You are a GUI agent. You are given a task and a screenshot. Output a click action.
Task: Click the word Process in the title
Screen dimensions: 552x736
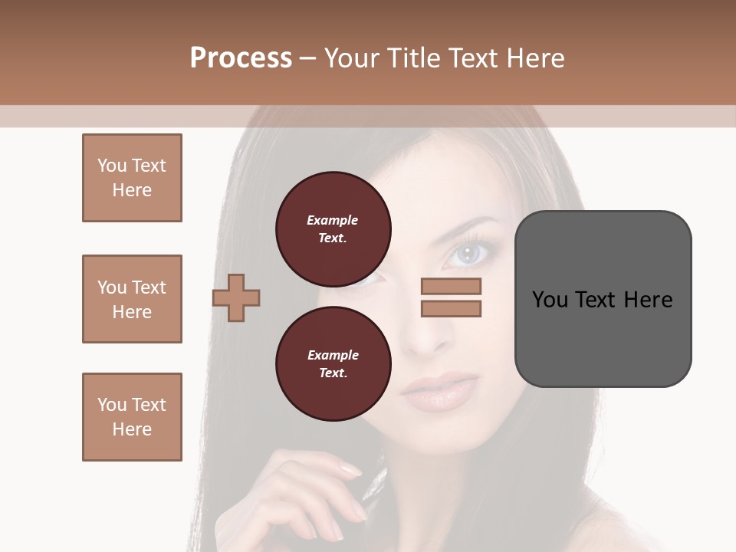(241, 58)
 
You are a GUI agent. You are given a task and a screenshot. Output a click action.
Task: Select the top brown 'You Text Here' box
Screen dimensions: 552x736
(132, 178)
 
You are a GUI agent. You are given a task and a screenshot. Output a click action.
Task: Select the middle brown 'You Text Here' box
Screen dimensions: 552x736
(132, 299)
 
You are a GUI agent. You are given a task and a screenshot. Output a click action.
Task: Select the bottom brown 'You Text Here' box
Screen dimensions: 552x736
(132, 417)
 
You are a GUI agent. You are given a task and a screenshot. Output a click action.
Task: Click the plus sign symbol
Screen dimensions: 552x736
(236, 297)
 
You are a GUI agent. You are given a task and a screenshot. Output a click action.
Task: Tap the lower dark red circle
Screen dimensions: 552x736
(333, 364)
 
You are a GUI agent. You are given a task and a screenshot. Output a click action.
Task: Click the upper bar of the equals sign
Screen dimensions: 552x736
(451, 286)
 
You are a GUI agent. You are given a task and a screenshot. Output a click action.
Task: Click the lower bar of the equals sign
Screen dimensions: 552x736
(451, 308)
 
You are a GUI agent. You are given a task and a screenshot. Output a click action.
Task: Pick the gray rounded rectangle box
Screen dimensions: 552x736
(603, 299)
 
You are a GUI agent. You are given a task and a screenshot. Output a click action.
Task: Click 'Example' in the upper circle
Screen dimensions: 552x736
(333, 220)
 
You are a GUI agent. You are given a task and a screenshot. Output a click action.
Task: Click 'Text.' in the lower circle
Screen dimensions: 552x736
(333, 373)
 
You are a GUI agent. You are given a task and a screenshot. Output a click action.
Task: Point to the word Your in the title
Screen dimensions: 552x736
(350, 58)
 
